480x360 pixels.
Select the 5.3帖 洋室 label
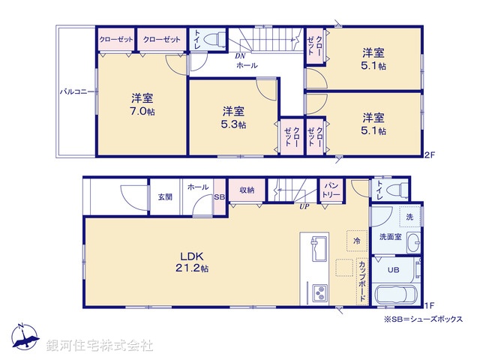[232, 117]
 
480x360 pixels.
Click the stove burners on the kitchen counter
[317, 290]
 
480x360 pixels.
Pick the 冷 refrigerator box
[356, 240]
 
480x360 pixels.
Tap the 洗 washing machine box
[409, 215]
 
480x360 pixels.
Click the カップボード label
[362, 279]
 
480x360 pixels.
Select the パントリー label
[331, 190]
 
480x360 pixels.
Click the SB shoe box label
[219, 196]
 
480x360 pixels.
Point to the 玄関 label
[165, 196]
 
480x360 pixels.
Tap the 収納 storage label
[247, 190]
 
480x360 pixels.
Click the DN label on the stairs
[241, 56]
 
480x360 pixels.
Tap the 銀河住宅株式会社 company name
[100, 345]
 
